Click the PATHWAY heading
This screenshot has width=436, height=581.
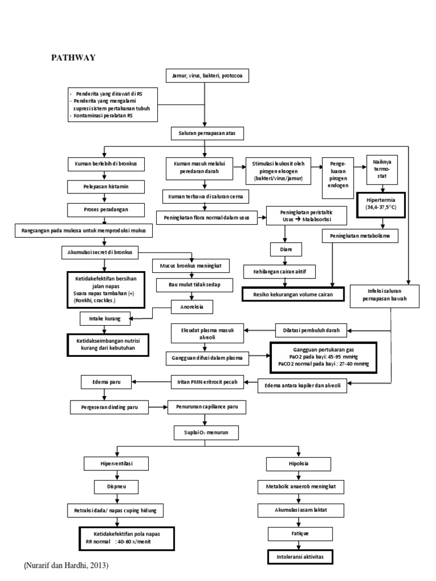(73, 57)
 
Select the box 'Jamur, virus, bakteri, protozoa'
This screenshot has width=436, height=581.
(207, 75)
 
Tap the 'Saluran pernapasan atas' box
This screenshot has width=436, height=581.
(207, 133)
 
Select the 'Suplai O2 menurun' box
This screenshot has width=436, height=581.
(207, 434)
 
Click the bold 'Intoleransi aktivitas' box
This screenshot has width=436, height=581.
(300, 558)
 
